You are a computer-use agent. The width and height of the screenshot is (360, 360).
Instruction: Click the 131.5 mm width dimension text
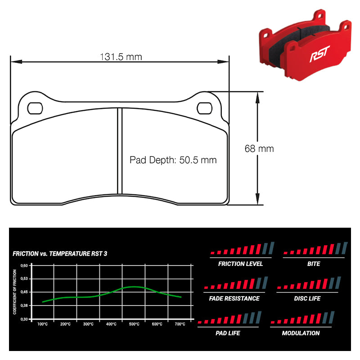tap(120, 57)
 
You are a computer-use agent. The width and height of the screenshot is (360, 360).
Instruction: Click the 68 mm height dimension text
tap(259, 148)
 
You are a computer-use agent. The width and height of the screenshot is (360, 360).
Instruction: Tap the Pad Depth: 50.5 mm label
tap(173, 160)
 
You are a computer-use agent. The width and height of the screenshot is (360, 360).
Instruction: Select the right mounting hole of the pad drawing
tap(205, 108)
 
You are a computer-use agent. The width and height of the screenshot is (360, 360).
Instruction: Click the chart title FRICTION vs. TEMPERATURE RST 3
tap(60, 254)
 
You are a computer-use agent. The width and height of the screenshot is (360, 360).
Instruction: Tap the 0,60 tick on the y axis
tap(25, 265)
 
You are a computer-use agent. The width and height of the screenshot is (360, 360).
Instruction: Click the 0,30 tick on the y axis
tap(25, 319)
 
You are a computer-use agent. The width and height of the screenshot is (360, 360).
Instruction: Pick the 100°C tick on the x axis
tap(43, 324)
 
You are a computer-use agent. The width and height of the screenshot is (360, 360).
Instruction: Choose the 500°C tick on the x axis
tap(134, 324)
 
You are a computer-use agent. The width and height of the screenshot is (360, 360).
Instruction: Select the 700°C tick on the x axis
tap(180, 324)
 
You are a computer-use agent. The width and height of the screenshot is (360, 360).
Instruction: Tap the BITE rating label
tap(314, 264)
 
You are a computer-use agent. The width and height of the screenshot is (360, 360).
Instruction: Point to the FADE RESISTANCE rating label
tap(234, 298)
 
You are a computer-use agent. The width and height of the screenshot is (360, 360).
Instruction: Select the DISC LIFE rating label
tap(307, 298)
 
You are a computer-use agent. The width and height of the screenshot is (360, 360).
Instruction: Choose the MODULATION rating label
tap(301, 333)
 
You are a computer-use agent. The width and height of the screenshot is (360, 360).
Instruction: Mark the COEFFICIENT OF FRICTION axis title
tap(15, 292)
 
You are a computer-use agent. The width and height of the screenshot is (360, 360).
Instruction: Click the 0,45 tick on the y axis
tap(25, 292)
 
